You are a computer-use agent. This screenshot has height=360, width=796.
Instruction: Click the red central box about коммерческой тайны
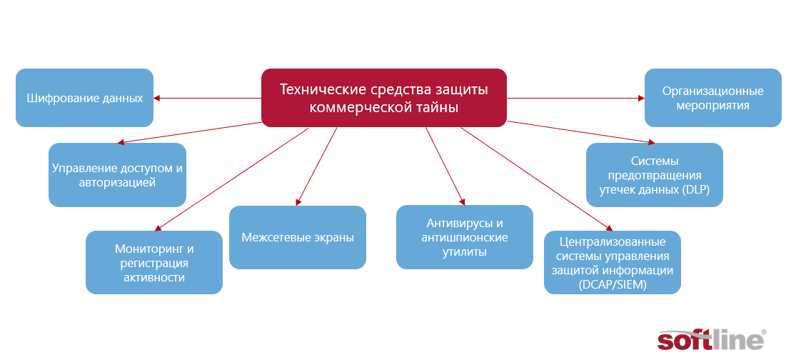tap(384, 97)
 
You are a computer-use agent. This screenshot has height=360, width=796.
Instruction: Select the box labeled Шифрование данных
tap(85, 97)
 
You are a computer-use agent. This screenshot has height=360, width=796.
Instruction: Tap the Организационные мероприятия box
tap(712, 97)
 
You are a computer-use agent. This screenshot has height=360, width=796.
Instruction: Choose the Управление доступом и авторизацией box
tap(117, 175)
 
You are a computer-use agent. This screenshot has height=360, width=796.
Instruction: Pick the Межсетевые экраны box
tap(298, 237)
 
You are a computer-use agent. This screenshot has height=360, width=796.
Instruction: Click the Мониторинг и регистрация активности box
tap(153, 263)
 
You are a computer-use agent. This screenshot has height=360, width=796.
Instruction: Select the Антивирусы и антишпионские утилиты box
tap(465, 237)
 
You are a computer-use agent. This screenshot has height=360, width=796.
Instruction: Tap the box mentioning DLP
tap(655, 175)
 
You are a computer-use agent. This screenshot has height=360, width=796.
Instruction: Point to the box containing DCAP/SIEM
tap(613, 263)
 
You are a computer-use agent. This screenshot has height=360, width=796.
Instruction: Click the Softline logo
tap(712, 339)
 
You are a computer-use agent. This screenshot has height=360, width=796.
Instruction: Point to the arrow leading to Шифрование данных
tap(208, 98)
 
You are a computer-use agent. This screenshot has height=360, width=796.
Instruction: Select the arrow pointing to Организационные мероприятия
tap(575, 98)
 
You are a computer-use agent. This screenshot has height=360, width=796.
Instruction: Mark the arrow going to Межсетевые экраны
tap(317, 166)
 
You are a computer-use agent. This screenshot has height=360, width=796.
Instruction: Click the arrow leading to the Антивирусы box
tap(445, 166)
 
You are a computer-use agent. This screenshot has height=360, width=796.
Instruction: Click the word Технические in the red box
tap(323, 89)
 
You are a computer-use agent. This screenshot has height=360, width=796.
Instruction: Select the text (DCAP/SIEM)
tap(613, 285)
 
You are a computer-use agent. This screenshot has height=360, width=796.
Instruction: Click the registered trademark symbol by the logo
tap(764, 331)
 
